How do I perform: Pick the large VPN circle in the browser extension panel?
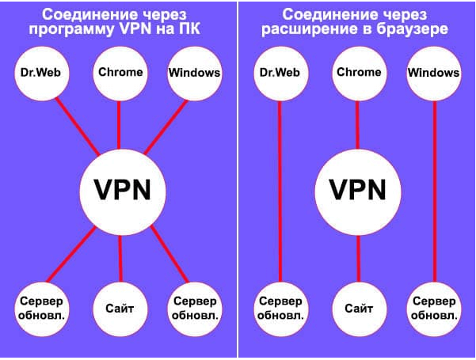tap(357, 191)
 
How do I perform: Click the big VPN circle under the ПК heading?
tap(120, 191)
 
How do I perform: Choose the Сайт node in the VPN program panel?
tap(119, 308)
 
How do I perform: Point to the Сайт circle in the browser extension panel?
tap(357, 308)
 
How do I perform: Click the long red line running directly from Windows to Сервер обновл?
tap(434, 190)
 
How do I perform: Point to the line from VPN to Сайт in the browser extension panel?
tap(357, 256)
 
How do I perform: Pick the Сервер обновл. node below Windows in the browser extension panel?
tap(433, 308)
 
